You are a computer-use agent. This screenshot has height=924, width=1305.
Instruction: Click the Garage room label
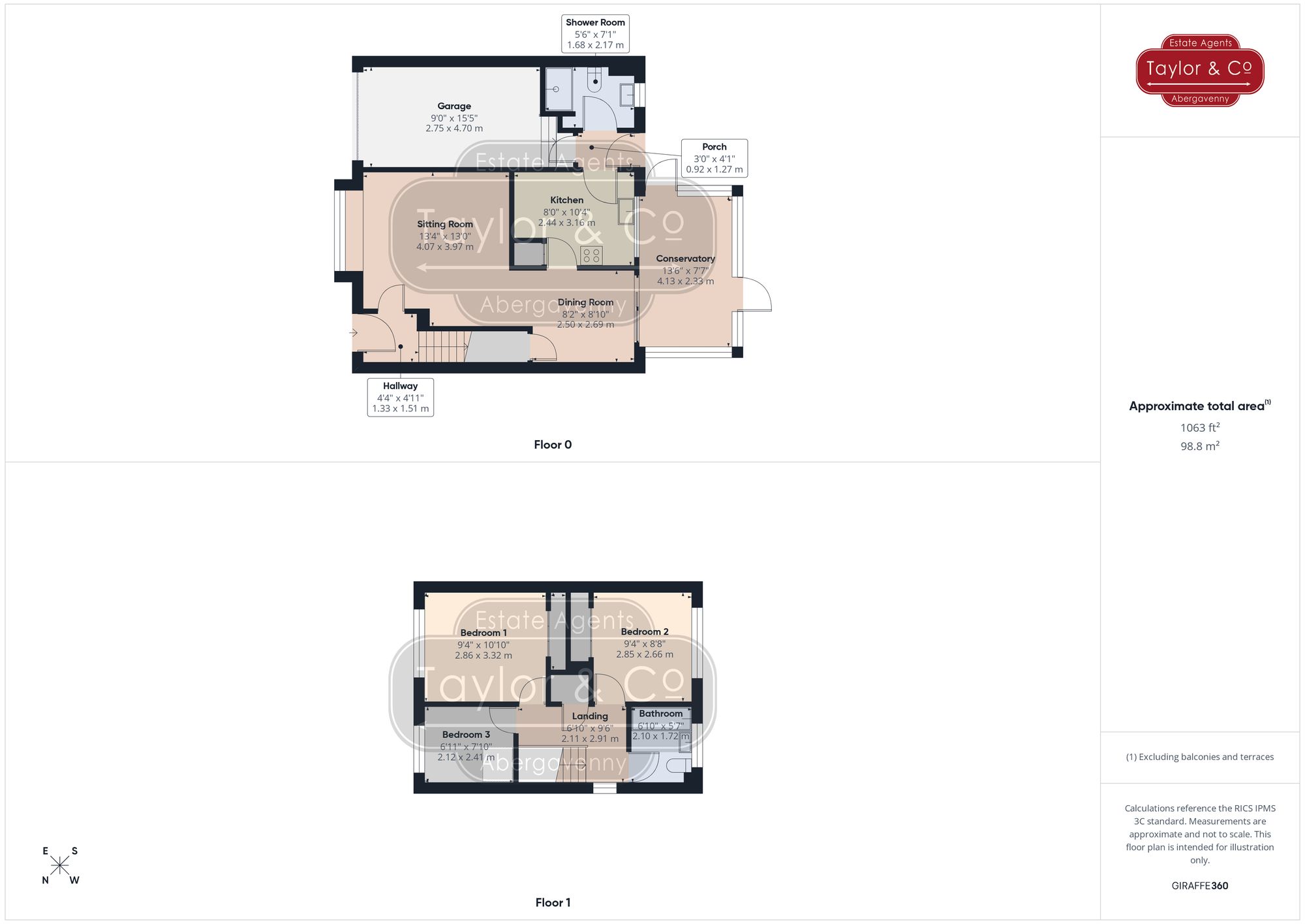coord(454,106)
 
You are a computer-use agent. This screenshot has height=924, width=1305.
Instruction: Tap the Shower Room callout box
coord(595,33)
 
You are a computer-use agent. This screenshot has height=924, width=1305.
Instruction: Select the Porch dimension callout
coord(714,158)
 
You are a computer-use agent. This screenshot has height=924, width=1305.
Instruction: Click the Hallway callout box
coord(400,397)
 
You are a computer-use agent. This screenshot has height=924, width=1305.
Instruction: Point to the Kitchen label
coord(566,200)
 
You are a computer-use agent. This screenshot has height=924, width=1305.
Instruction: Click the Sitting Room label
coord(445,224)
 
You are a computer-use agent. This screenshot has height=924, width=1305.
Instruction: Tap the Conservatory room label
coord(685,259)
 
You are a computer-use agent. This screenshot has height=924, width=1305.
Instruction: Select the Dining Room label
coord(585,302)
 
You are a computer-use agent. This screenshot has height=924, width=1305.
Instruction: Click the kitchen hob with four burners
coord(591,255)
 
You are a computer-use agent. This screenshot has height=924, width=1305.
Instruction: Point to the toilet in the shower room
coord(595,82)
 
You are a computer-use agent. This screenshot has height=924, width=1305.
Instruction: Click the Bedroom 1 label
coord(483,633)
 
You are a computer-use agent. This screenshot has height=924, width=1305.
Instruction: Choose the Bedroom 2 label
coord(645,631)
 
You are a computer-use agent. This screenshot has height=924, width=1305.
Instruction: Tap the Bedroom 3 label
coord(466,735)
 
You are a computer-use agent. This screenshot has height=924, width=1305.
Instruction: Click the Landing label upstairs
coord(590,716)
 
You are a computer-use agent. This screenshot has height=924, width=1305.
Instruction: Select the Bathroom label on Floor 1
coord(660,714)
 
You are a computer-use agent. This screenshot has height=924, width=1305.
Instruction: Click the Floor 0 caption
coord(553,445)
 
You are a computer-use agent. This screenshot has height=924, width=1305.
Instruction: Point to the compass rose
coord(60,866)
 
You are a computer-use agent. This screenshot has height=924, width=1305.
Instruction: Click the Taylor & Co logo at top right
coord(1199,70)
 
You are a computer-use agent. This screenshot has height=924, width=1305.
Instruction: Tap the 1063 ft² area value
coord(1199,428)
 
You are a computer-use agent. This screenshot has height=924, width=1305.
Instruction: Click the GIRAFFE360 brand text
coord(1199,886)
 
